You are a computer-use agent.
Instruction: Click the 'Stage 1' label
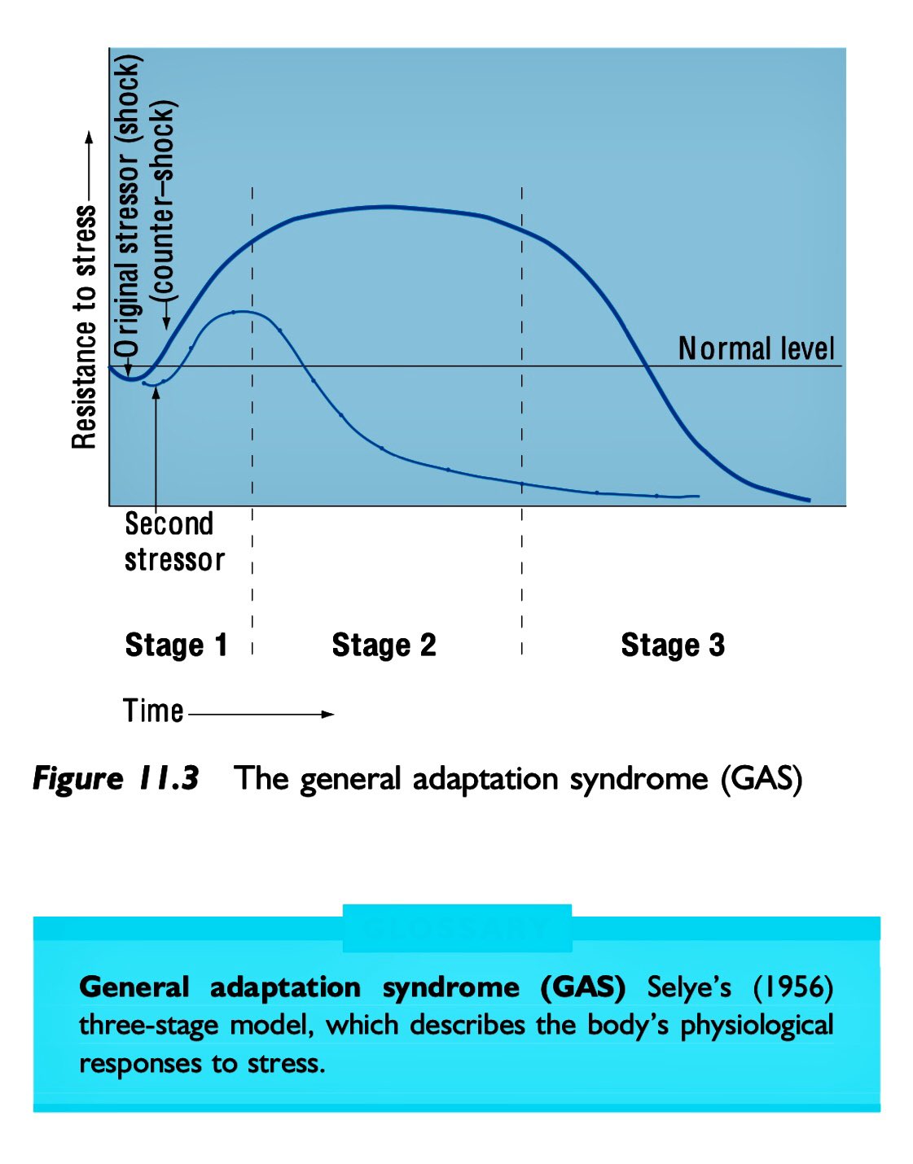[176, 645]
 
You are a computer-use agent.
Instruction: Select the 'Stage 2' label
[384, 645]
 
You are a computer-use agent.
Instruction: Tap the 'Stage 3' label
[673, 645]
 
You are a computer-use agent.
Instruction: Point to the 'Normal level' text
[757, 349]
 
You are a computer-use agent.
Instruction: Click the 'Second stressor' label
[173, 542]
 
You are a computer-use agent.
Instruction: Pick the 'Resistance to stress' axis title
[85, 326]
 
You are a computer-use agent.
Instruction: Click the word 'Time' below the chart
[153, 711]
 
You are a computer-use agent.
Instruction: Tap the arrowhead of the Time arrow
[328, 715]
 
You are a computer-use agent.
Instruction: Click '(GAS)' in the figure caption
[762, 779]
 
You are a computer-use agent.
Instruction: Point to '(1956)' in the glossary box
[792, 987]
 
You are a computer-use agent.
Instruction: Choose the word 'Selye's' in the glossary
[689, 987]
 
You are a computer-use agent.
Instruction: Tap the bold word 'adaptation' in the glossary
[285, 987]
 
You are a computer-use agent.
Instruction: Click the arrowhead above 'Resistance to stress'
[89, 137]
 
